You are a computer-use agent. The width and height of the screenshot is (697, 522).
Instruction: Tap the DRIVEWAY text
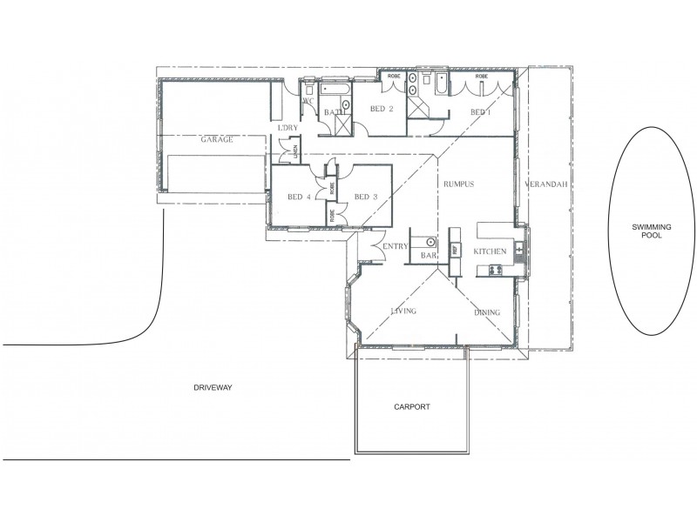tap(213, 387)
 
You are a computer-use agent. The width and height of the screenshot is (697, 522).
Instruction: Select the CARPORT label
tap(412, 406)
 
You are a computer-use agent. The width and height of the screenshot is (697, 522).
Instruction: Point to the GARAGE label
tap(216, 139)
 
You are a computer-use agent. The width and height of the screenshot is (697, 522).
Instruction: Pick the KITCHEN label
tap(490, 251)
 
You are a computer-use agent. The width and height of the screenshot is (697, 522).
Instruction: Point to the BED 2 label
tap(382, 109)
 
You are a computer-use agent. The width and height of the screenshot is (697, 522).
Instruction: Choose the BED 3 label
tap(366, 196)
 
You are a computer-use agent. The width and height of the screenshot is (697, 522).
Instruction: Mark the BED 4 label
tap(299, 196)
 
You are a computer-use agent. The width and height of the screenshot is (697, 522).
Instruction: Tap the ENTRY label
tap(396, 246)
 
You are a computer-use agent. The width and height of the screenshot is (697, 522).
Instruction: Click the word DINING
tap(486, 312)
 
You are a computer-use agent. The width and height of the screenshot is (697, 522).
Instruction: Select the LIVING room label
tap(403, 311)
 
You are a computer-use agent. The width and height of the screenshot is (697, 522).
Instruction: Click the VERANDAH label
tap(547, 185)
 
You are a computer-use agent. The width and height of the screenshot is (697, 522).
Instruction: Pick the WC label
tap(308, 102)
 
